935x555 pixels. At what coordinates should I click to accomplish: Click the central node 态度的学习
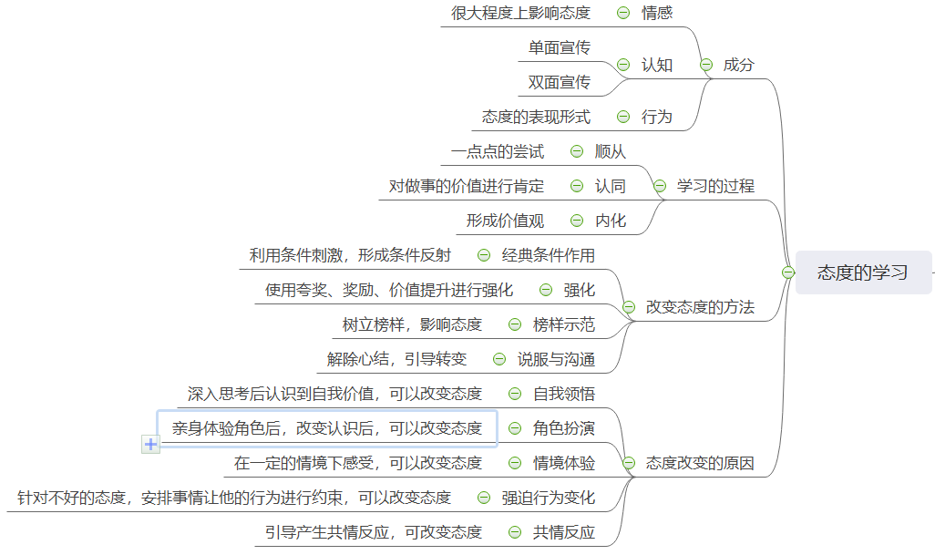(862, 272)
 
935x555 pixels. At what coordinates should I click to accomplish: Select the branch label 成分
(738, 65)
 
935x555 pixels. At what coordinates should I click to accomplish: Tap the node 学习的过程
(715, 186)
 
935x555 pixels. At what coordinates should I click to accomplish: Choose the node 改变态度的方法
(700, 307)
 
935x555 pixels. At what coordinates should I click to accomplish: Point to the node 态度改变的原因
(700, 463)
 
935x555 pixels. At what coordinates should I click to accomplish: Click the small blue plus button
(151, 444)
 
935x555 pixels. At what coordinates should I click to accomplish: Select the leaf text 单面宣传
(559, 47)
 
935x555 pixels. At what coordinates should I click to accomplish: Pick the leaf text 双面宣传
(559, 82)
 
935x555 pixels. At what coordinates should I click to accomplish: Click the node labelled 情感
(657, 13)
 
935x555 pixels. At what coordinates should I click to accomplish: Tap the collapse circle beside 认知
(623, 65)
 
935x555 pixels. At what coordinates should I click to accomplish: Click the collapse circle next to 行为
(623, 117)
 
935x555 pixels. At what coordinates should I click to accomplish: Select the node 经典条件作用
(549, 255)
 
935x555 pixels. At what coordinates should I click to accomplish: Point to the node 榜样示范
(564, 324)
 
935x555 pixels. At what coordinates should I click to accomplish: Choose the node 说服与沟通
(556, 359)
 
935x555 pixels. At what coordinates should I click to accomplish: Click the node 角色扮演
(564, 428)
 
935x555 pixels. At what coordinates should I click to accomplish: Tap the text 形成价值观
(505, 221)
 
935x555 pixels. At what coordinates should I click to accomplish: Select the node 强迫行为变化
(549, 498)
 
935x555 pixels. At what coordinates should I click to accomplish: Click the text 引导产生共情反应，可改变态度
(374, 532)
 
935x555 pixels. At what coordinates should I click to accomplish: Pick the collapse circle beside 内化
(577, 221)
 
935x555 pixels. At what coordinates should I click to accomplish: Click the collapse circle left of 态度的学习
(788, 272)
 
